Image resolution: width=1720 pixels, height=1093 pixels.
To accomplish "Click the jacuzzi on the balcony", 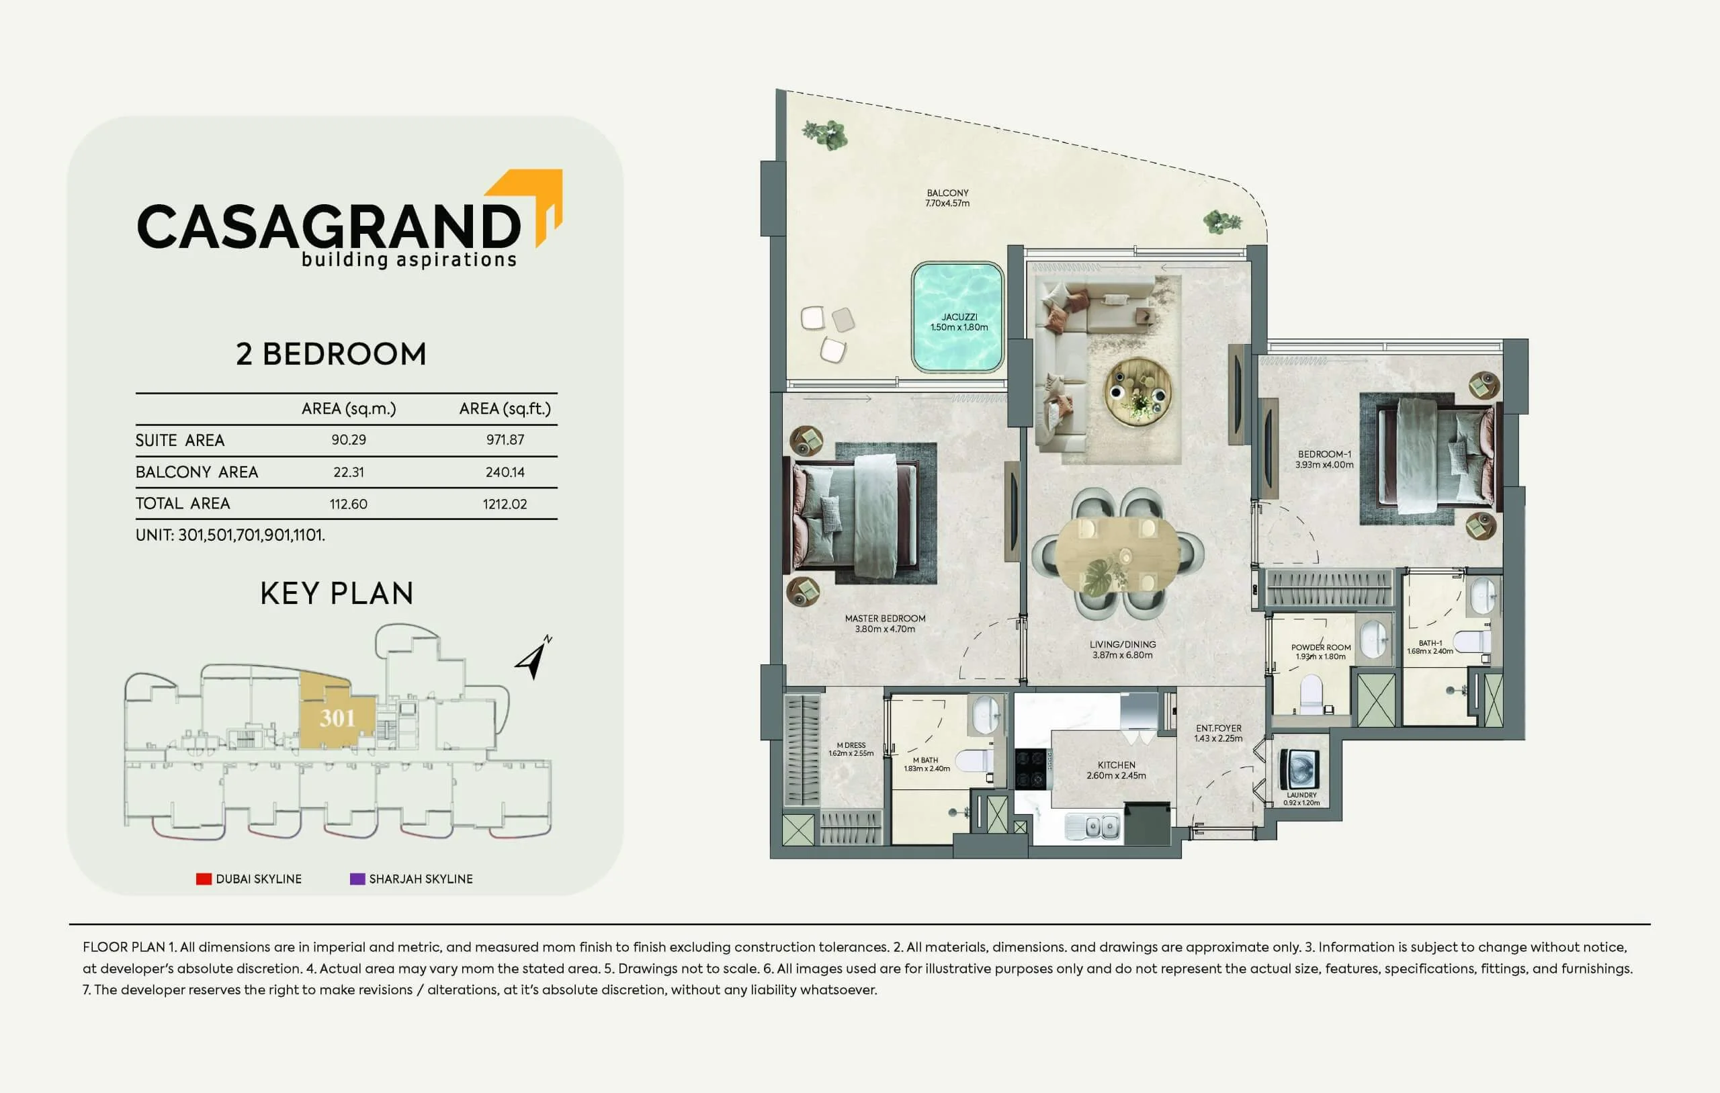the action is click(958, 317).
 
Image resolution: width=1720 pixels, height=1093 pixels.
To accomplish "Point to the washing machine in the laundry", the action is click(1300, 769).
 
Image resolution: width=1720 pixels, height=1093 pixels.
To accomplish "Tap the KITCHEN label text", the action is click(1117, 764).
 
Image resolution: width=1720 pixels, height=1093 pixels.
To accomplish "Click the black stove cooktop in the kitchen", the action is click(1031, 768).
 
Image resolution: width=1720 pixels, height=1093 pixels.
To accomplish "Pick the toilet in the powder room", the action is click(1311, 695).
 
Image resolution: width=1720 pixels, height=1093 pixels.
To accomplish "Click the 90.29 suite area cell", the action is click(349, 440).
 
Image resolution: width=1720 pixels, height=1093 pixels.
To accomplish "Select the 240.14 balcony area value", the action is click(505, 472).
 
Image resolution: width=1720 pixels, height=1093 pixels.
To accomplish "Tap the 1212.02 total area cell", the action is click(505, 505).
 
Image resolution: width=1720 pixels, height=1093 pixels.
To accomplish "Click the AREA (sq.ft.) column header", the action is click(505, 408).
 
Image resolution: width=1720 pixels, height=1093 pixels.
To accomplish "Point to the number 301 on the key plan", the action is click(337, 718).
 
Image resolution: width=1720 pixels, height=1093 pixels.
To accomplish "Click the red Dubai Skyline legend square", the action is click(204, 879).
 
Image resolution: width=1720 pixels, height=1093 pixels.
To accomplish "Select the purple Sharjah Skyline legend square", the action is click(357, 879).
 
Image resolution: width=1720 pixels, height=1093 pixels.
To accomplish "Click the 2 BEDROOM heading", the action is click(331, 354).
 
